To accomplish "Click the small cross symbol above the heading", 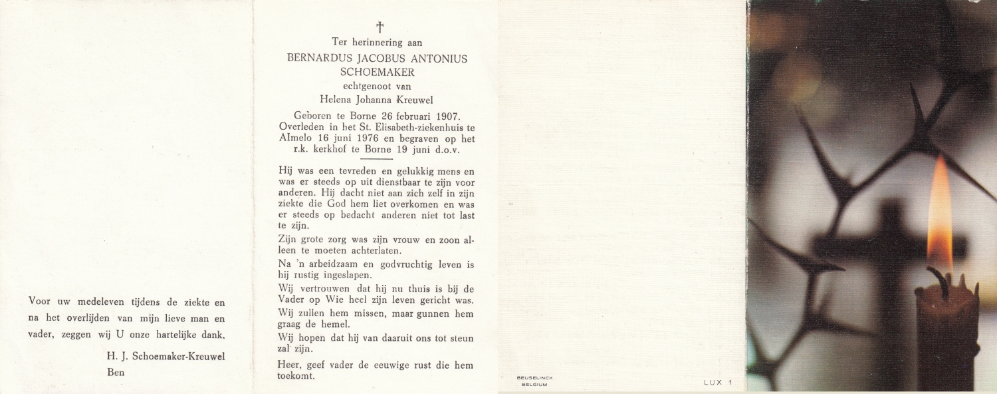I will (380, 27).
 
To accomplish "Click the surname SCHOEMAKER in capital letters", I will (377, 73).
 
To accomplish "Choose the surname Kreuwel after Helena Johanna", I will (415, 100).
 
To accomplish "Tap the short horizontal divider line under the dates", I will (377, 158).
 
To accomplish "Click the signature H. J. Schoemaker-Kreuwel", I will (166, 357).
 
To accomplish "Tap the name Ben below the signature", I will (116, 373).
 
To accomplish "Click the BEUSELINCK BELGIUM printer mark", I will (534, 381).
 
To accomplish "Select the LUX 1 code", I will (717, 382).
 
